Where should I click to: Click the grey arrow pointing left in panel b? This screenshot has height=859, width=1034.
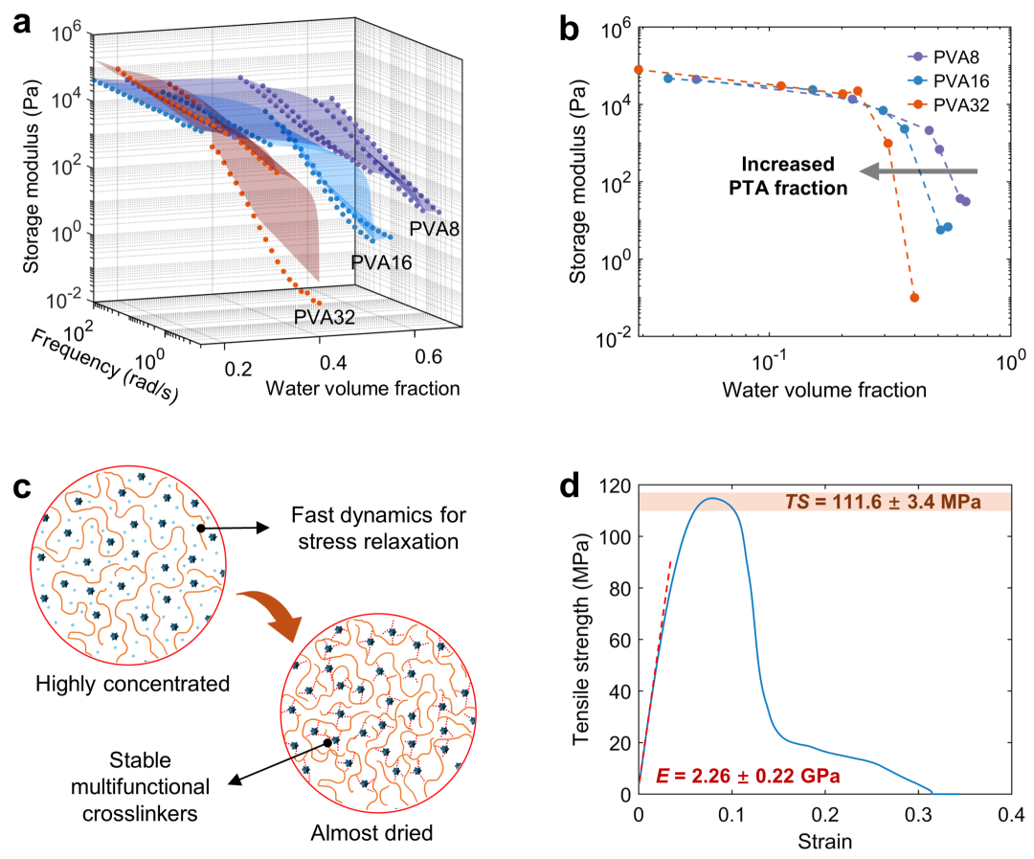click(918, 170)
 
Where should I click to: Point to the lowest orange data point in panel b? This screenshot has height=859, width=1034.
click(914, 298)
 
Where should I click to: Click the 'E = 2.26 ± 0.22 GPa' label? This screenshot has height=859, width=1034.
click(748, 777)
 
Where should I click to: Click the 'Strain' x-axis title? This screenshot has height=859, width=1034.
click(824, 842)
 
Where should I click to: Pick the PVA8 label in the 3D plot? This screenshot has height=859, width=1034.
click(436, 229)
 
